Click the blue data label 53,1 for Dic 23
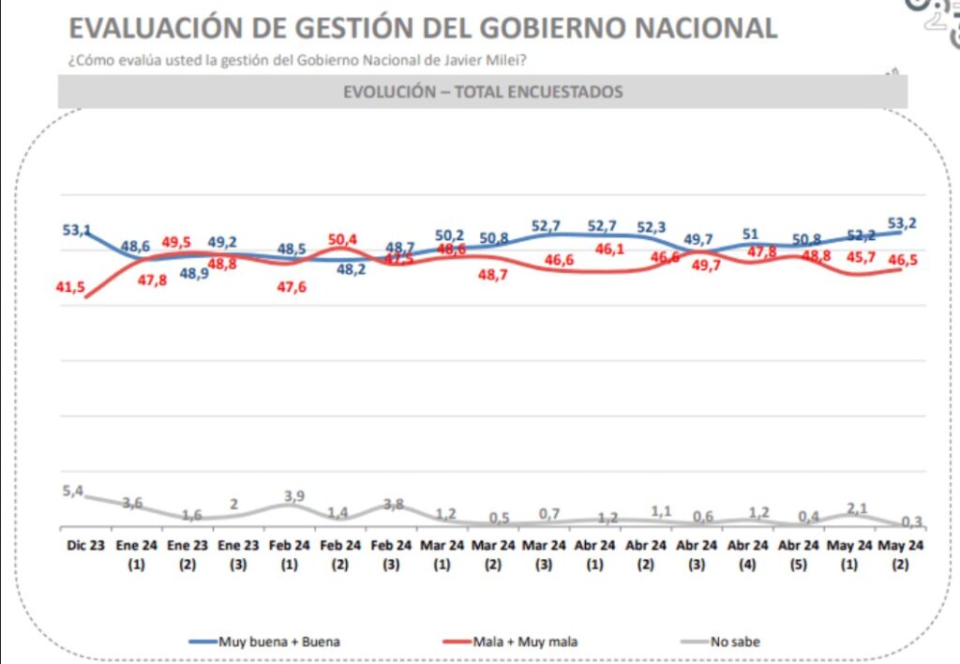pyautogui.click(x=77, y=230)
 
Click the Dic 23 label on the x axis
pyautogui.click(x=84, y=545)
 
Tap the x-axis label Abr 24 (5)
pyautogui.click(x=800, y=554)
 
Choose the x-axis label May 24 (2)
pyautogui.click(x=902, y=554)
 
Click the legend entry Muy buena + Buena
pyautogui.click(x=278, y=641)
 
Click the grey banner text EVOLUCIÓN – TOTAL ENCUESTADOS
pyautogui.click(x=483, y=92)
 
